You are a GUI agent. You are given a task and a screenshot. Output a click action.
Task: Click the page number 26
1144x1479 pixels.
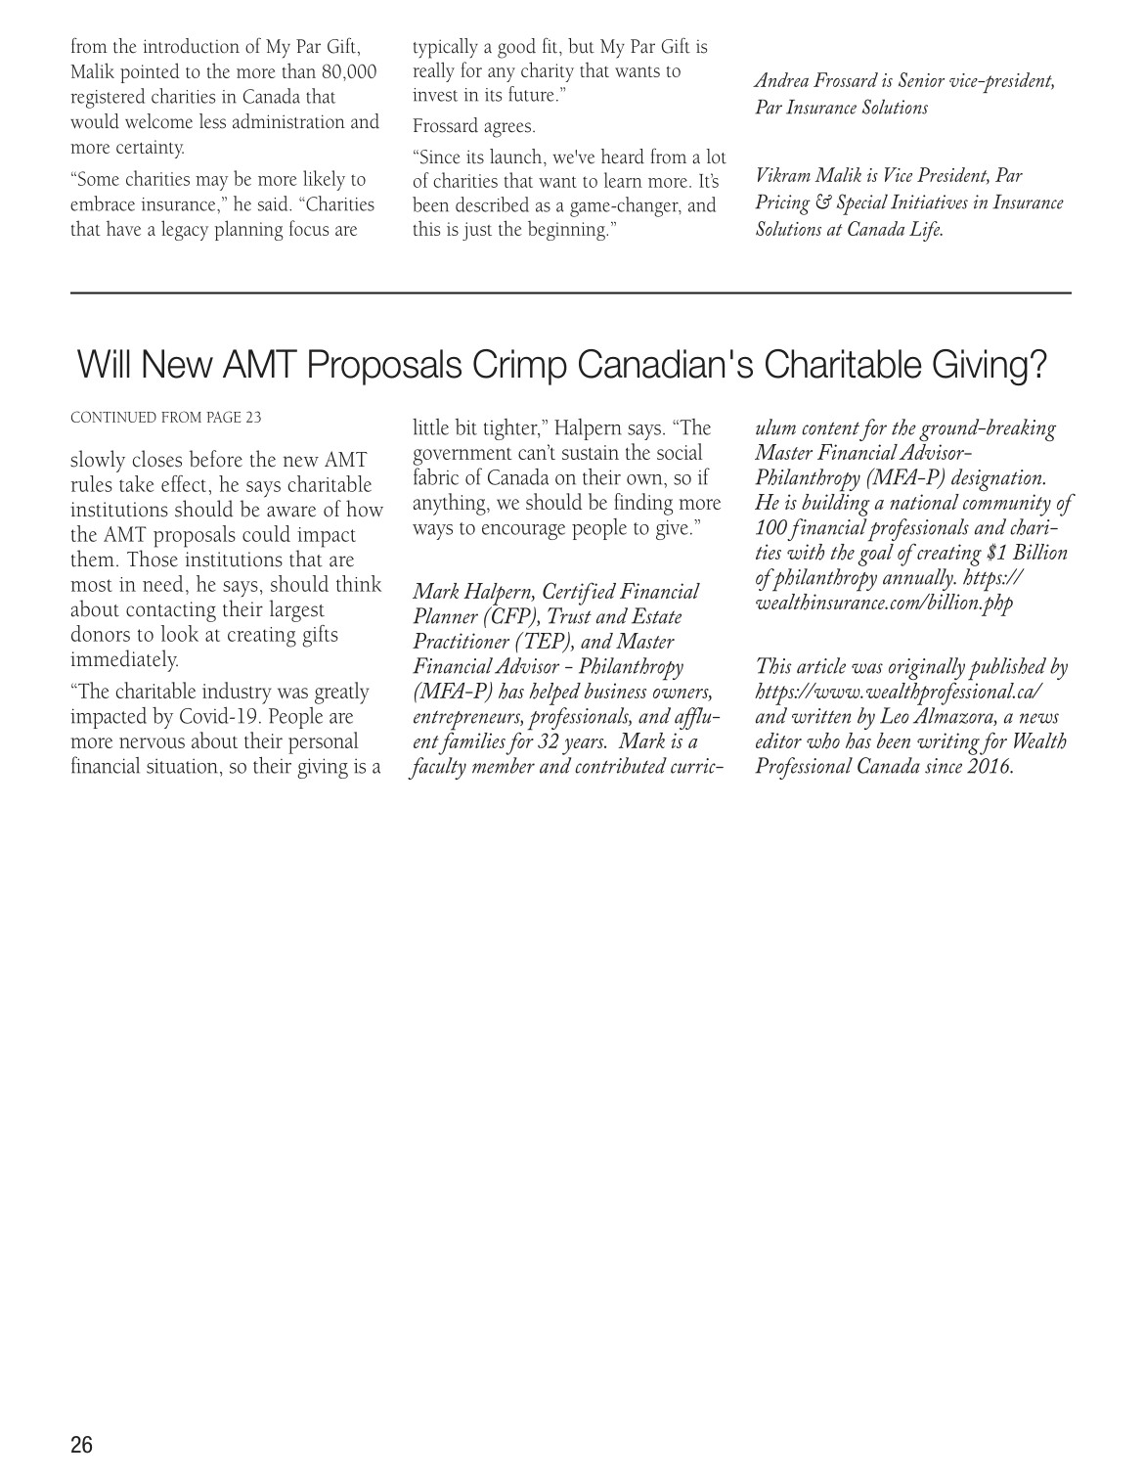81,1445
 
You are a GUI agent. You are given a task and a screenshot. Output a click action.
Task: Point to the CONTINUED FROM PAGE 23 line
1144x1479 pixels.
166,418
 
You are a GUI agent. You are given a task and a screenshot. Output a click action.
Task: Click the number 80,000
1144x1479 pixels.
349,71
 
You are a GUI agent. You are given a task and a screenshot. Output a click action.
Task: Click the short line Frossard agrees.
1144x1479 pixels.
474,126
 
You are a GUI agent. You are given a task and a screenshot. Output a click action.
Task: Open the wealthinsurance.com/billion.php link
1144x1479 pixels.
884,603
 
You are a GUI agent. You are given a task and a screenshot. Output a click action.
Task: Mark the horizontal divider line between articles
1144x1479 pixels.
571,292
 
